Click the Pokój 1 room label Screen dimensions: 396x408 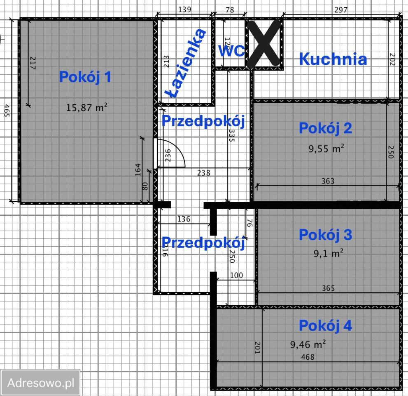pyautogui.click(x=85, y=77)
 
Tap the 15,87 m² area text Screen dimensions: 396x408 pyautogui.click(x=87, y=108)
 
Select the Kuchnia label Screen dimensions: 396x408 pyautogui.click(x=333, y=59)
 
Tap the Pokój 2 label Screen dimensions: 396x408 pyautogui.click(x=325, y=128)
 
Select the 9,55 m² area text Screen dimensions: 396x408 pyautogui.click(x=326, y=148)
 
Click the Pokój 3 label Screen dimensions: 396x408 pyautogui.click(x=325, y=235)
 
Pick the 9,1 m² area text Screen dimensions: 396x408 pyautogui.click(x=328, y=254)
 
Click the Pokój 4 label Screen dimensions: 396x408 pyautogui.click(x=325, y=325)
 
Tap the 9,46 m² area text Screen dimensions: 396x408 pyautogui.click(x=308, y=344)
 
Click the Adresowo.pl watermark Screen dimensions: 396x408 pyautogui.click(x=41, y=382)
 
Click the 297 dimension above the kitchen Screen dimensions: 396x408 pyautogui.click(x=341, y=9)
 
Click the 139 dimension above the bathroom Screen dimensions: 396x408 pyautogui.click(x=184, y=9)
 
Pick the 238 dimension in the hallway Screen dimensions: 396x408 pyautogui.click(x=203, y=173)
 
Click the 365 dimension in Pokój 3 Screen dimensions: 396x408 pyautogui.click(x=328, y=288)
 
